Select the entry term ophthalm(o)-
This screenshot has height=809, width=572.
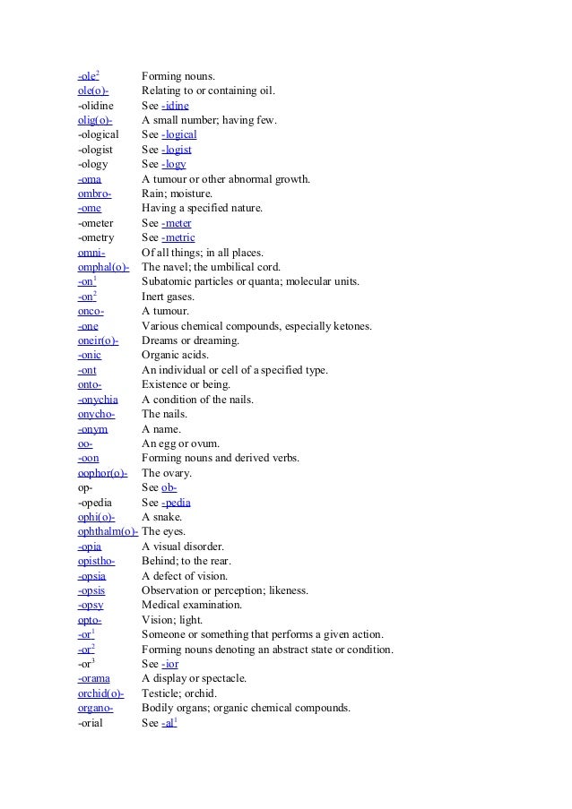[x=108, y=531]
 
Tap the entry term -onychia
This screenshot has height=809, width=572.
[x=98, y=399]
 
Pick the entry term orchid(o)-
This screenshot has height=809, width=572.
[x=100, y=693]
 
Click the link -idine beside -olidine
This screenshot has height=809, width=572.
[x=175, y=105]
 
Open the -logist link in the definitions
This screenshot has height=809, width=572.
[x=177, y=150]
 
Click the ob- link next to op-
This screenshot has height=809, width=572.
[x=169, y=486]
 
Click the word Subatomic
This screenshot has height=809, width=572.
[x=168, y=281]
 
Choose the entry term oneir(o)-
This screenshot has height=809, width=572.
[x=98, y=340]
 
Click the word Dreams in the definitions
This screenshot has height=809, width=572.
[x=161, y=340]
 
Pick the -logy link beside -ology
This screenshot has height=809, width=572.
[x=174, y=164]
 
